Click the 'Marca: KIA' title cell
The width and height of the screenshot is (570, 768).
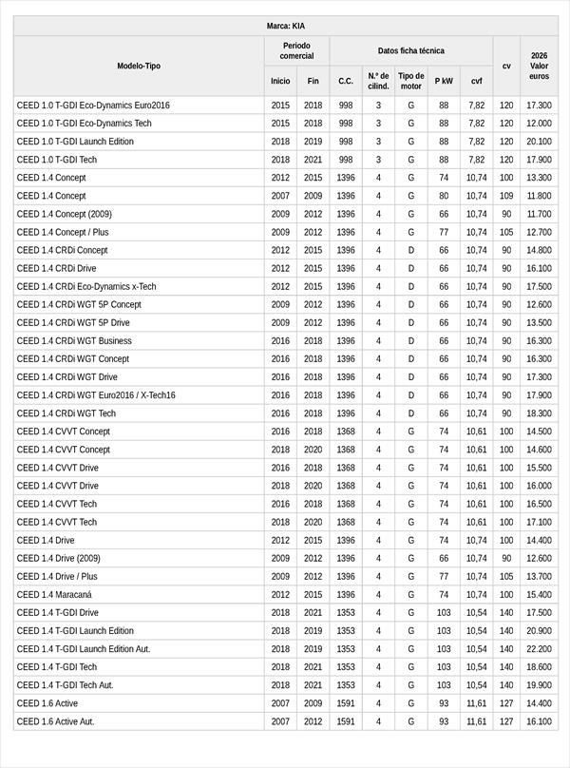point(285,26)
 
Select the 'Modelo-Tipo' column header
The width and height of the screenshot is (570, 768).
point(139,66)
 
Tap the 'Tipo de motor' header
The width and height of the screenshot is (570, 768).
point(410,81)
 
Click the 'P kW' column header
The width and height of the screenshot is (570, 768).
point(444,81)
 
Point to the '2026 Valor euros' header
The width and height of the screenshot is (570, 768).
point(539,66)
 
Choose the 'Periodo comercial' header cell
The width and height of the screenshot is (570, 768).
point(296,50)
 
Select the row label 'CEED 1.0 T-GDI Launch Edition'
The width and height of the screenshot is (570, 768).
point(75,141)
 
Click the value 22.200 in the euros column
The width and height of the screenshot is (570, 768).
point(539,648)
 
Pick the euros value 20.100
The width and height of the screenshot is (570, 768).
point(539,141)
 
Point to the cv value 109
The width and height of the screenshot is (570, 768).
point(506,196)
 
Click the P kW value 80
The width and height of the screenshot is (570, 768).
point(444,196)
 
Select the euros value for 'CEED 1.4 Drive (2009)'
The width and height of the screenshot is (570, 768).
point(539,558)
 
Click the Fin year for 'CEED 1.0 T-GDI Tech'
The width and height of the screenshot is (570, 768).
point(313,160)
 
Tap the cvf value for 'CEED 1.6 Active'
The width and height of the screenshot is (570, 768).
point(476,703)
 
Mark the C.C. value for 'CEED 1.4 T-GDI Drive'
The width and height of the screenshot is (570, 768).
point(346,612)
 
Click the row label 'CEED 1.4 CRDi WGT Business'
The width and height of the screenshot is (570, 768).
point(74,340)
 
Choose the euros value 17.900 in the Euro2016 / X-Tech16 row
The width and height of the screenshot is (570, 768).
point(539,395)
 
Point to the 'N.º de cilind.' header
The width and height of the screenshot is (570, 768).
point(378,81)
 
